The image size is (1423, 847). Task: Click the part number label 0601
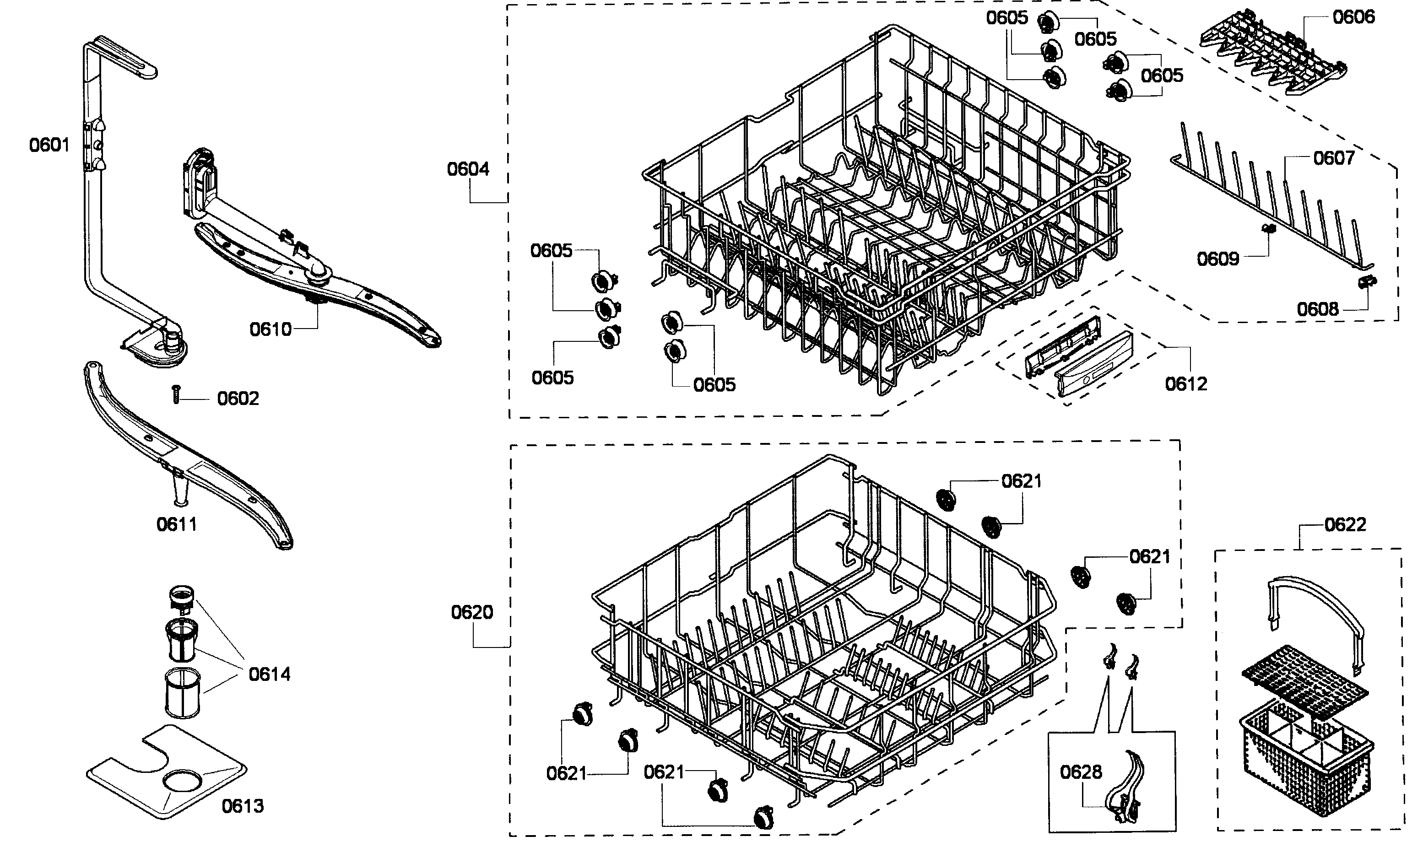[49, 146]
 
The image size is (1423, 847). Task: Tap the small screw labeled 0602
[176, 394]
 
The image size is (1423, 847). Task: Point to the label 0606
[1354, 17]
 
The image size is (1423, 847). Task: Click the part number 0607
[1334, 158]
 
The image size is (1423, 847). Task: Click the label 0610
[271, 329]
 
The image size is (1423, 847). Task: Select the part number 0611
[176, 524]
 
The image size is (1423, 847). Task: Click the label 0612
[1186, 384]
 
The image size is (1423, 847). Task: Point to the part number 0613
[243, 806]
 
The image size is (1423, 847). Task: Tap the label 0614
[270, 674]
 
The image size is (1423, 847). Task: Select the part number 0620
[471, 612]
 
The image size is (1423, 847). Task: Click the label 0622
[1345, 524]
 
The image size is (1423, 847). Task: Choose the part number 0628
[1081, 772]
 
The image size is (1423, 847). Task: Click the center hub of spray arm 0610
[318, 279]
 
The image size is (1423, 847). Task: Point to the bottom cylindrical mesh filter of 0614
[180, 693]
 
